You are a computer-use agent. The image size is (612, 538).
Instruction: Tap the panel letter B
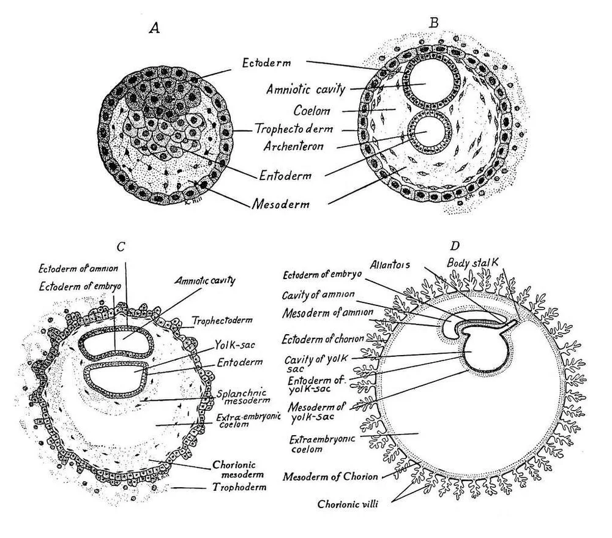coord(433,23)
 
